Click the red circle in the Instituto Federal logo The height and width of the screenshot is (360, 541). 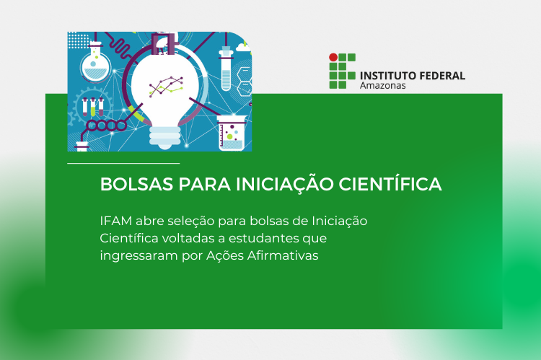pos(333,56)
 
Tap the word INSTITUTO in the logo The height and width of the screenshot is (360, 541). pos(390,75)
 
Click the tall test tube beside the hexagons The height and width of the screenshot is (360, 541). pos(224,69)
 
